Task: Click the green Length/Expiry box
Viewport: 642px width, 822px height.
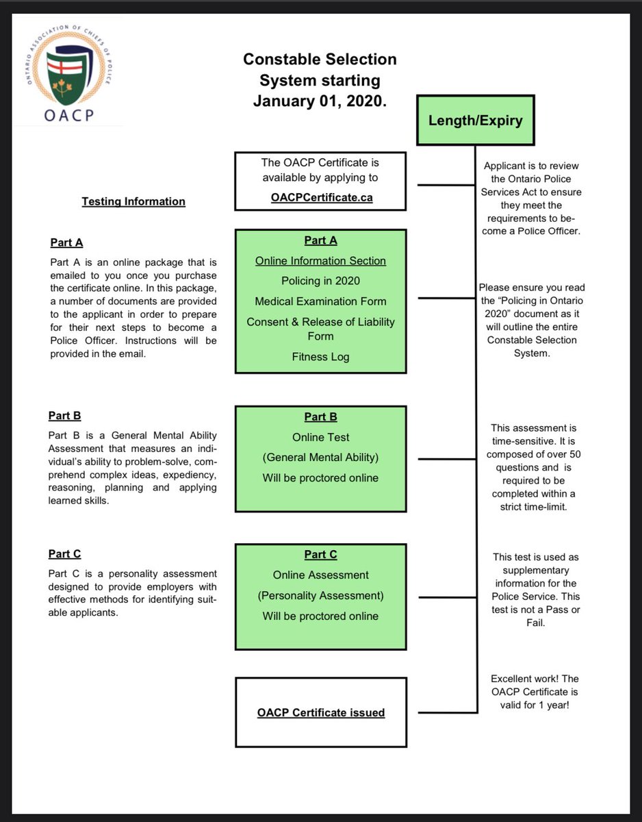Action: [x=475, y=121]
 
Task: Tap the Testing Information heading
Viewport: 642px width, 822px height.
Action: [x=133, y=201]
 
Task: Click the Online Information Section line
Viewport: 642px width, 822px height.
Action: [x=320, y=261]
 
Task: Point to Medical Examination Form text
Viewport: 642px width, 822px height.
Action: [x=320, y=301]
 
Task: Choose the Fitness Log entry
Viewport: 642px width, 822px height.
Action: [x=320, y=356]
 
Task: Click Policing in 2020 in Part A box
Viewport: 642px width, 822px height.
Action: [x=320, y=281]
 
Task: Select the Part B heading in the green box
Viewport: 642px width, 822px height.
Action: [x=320, y=417]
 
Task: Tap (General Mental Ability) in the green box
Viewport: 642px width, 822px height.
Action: [x=320, y=458]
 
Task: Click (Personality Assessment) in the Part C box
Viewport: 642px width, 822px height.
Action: [x=320, y=595]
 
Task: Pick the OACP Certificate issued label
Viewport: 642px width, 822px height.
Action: [x=320, y=713]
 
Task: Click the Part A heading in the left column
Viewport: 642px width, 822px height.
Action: [x=66, y=242]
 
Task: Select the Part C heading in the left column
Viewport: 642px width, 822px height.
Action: [x=64, y=553]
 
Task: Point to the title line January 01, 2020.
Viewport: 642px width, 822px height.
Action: [x=320, y=101]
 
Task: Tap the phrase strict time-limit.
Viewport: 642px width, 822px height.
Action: [x=535, y=506]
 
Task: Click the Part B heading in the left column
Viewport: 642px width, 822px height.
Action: [x=64, y=416]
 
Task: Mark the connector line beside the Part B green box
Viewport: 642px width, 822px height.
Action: [x=441, y=459]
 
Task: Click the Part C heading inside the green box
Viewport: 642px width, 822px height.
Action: [x=320, y=555]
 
